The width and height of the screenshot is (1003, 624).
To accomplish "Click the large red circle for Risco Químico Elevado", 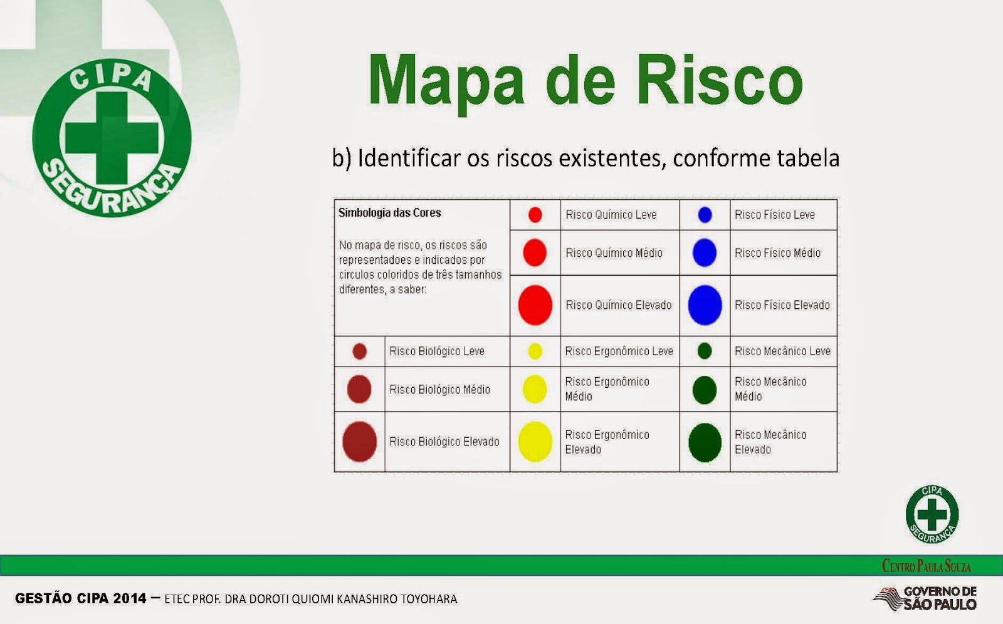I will pos(535,305).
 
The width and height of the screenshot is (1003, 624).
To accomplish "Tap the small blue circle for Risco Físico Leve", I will pos(705,215).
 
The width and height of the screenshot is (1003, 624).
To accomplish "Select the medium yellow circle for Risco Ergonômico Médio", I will pos(535,389).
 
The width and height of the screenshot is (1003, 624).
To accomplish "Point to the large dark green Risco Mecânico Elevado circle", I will pos(705,442).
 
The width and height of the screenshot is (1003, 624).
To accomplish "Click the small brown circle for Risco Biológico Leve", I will pos(359,351).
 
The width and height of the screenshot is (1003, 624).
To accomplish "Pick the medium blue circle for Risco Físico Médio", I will pos(705,253).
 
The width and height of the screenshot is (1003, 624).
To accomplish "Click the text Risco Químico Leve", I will pos(611,215).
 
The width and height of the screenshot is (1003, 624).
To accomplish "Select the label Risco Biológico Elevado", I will pos(444,442).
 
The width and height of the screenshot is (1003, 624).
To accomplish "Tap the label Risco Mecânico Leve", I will pos(782,351).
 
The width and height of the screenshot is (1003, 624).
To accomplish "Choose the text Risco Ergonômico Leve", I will pos(618,351).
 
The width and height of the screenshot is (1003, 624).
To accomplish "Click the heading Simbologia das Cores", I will pos(389,213).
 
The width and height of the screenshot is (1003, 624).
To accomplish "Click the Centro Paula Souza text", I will pos(927,566).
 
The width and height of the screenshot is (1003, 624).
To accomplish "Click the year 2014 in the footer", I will pos(130,598).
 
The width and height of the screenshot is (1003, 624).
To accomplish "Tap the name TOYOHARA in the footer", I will pos(429,599).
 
